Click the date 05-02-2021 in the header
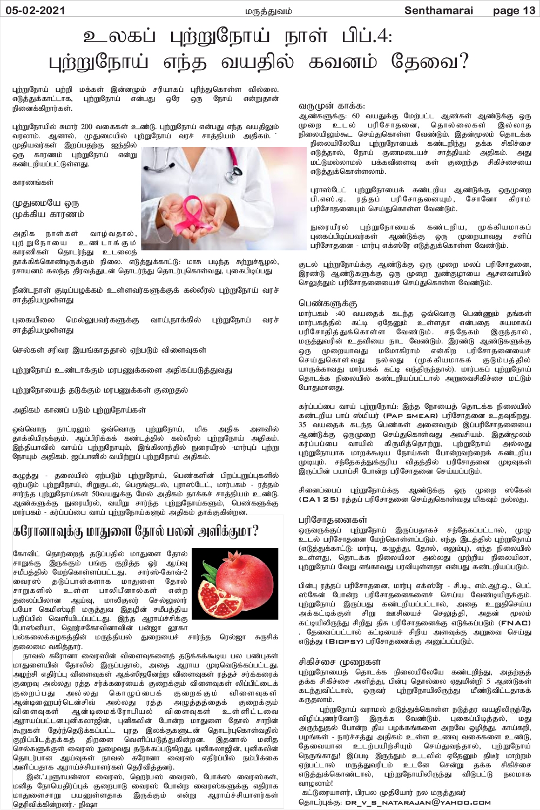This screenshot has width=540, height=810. point(33,10)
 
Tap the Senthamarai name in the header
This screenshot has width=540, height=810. point(438,10)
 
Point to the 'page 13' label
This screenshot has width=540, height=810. point(514,10)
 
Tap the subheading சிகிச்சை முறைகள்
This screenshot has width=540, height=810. point(340,661)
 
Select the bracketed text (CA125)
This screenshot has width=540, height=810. point(319,500)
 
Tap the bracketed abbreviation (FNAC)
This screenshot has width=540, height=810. point(515,623)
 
